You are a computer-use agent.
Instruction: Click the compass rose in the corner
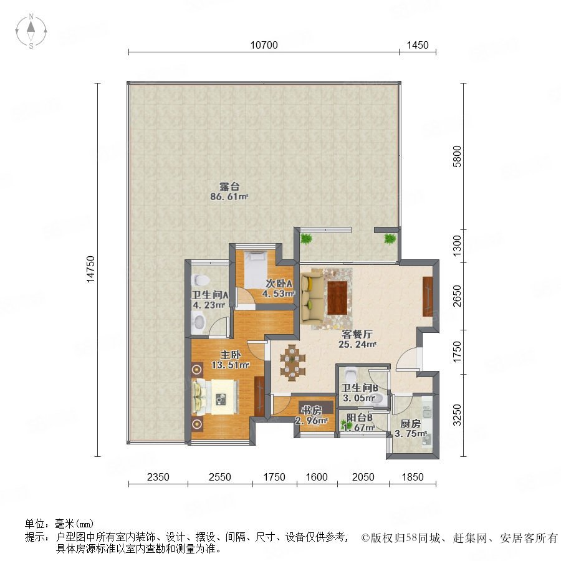(31, 31)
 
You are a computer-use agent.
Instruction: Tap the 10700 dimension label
(264, 45)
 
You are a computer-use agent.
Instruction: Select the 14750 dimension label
(91, 269)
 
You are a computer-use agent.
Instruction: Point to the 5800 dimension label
(458, 156)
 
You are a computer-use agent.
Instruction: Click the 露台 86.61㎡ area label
(229, 191)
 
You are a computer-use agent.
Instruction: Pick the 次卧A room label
(279, 284)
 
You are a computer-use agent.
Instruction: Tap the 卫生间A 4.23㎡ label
(209, 300)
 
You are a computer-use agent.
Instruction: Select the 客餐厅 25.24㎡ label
(357, 339)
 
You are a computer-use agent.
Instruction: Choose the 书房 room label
(311, 410)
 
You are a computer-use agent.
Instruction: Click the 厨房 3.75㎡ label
(410, 429)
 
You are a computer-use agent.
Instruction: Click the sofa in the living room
(310, 296)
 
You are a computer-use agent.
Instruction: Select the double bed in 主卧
(215, 397)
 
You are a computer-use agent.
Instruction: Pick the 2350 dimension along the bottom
(158, 477)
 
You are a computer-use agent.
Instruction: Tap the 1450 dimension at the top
(418, 45)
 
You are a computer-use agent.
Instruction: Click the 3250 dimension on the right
(458, 415)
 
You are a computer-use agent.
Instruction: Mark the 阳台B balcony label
(360, 418)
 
